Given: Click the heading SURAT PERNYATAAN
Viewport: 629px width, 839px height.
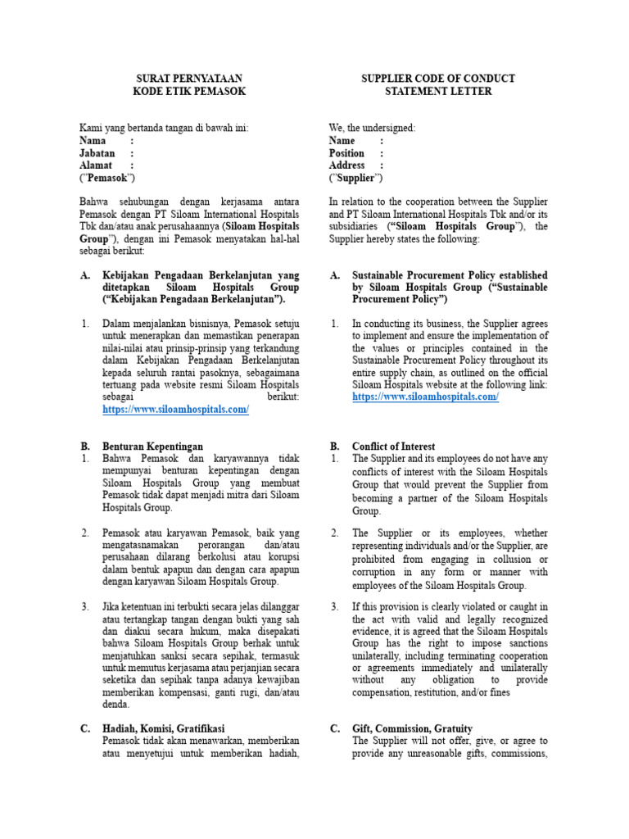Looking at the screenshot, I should (x=189, y=79).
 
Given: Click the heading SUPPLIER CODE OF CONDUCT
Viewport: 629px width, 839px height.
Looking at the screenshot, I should (x=438, y=79).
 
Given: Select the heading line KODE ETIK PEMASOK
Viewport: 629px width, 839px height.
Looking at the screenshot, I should (x=189, y=91).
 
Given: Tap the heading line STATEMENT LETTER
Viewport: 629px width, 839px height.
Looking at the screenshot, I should (x=438, y=91).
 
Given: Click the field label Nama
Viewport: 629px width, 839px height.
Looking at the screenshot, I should (x=93, y=140).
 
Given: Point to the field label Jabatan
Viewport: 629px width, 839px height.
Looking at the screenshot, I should (x=97, y=152).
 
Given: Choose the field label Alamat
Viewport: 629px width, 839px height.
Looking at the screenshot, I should (x=95, y=165).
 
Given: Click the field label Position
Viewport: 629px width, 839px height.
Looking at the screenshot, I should (x=346, y=152).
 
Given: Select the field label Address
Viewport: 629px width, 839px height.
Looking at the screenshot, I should (x=346, y=165).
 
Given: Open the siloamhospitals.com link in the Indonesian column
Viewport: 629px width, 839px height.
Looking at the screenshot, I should (x=175, y=409).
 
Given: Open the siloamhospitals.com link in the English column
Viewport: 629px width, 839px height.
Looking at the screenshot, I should (x=425, y=397).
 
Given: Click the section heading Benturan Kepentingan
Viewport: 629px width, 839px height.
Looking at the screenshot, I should (x=152, y=446).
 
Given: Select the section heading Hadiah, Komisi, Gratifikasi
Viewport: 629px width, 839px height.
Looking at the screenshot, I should (x=163, y=728).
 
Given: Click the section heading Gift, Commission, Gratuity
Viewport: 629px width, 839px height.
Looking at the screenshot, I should (x=412, y=728).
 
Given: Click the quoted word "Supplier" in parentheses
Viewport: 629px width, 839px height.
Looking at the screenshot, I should (x=355, y=177).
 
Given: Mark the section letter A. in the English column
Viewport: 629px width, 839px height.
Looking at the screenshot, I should (x=335, y=275).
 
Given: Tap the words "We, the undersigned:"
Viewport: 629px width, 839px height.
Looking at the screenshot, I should (x=372, y=128).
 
